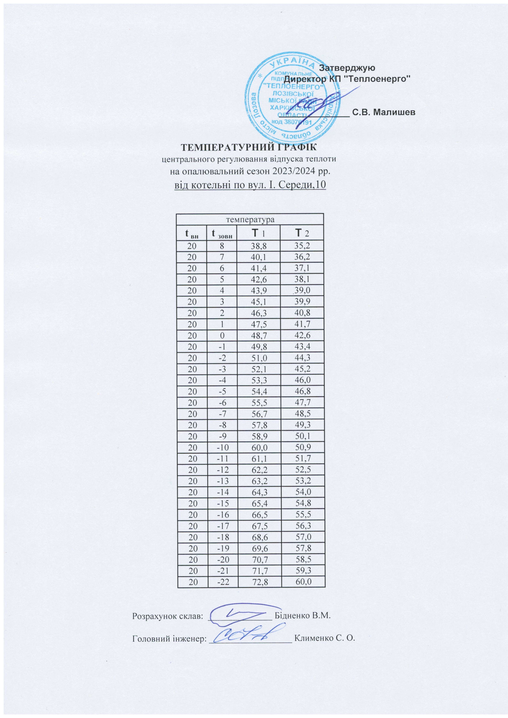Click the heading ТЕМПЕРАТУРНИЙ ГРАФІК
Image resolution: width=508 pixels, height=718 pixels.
click(x=249, y=147)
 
